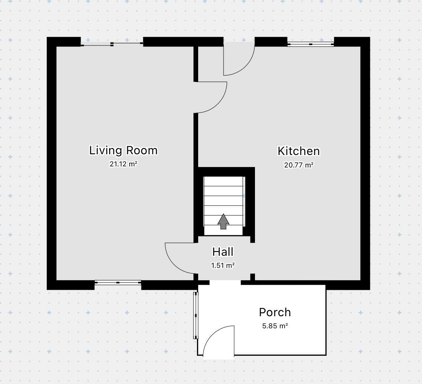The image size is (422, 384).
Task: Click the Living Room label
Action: point(123,150)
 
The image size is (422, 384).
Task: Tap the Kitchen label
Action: point(299,151)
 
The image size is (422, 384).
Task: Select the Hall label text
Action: point(223,252)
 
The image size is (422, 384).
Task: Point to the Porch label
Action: point(275,313)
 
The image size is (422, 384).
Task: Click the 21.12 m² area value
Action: point(123,164)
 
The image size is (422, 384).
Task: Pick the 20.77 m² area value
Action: point(299,165)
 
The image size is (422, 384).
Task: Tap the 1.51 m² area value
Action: point(223,266)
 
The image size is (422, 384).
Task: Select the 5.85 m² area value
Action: point(275,326)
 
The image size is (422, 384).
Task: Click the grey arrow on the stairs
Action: point(223,221)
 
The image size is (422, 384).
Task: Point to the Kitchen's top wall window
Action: point(311,44)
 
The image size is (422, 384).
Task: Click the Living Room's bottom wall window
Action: point(118,283)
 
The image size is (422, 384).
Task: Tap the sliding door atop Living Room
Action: point(112,44)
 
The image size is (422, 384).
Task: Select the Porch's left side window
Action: point(196,315)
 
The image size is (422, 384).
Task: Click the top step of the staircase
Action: point(223,181)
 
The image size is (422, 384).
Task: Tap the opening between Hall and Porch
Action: point(225,283)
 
